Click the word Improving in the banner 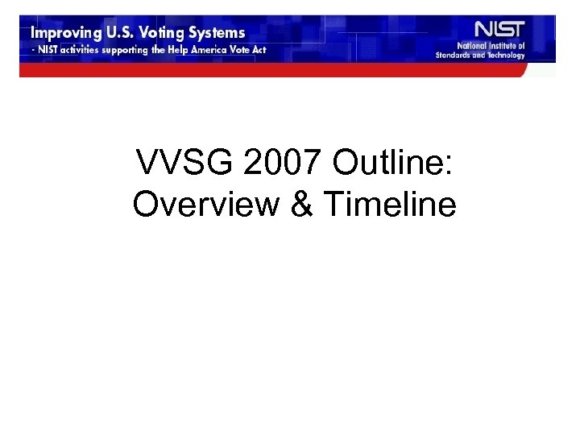[64, 34]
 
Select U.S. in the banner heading [122, 34]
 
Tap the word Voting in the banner [168, 34]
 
